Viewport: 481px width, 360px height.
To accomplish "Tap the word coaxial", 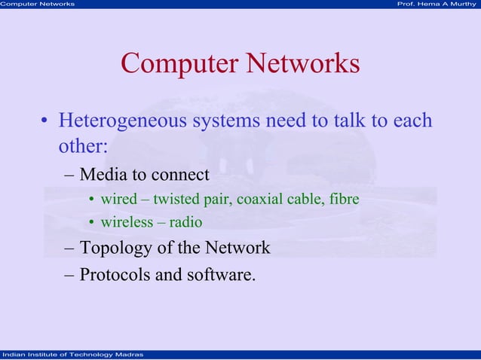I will [259, 200].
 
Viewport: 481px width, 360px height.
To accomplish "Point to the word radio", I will [185, 222].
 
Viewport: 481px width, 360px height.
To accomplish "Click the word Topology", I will [114, 248].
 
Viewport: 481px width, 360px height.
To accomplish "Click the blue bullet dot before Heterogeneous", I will [45, 122].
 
